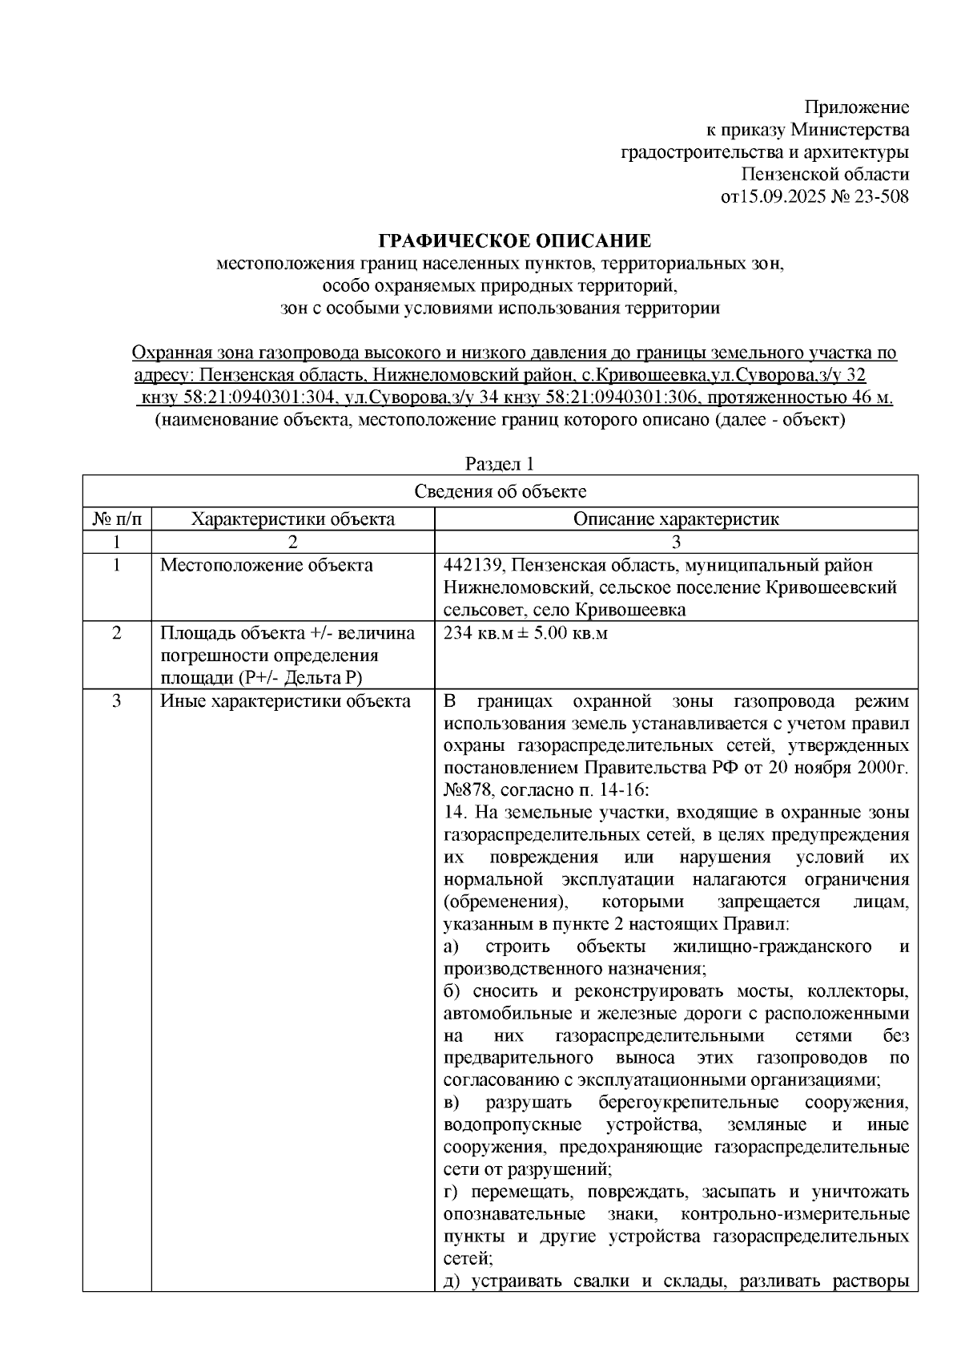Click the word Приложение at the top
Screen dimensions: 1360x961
(857, 107)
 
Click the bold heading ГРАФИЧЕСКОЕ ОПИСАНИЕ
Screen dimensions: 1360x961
(515, 240)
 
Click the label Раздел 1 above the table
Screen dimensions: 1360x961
(500, 464)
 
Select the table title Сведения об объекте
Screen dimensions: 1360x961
(500, 491)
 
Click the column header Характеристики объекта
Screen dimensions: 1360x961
(292, 519)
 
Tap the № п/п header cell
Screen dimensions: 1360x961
(117, 519)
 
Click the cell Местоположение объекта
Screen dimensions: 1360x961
(267, 565)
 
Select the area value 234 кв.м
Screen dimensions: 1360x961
(480, 633)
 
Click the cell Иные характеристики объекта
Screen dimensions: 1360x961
(285, 701)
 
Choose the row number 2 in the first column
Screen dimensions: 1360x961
(117, 633)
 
